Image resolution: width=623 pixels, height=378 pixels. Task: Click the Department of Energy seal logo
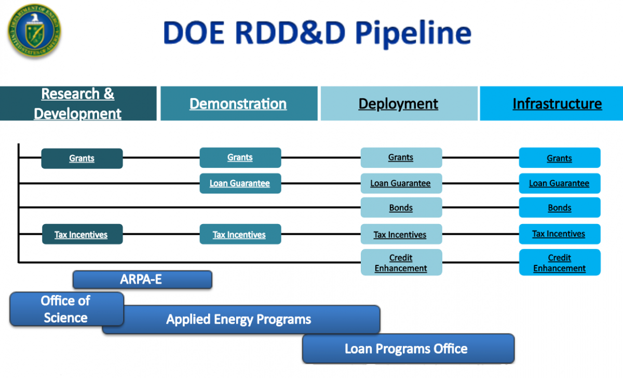(34, 31)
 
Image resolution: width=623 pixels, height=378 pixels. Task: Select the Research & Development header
(78, 104)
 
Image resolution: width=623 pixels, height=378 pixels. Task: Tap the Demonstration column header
(238, 104)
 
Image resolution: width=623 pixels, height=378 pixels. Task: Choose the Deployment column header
(398, 104)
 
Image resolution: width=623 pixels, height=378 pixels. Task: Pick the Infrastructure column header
(557, 104)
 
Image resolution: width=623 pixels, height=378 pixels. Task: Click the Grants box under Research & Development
(82, 158)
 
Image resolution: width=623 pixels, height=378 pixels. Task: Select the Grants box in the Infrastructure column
(559, 158)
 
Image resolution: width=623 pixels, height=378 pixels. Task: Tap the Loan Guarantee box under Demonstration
(240, 183)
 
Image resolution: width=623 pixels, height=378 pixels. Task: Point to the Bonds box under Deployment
(401, 207)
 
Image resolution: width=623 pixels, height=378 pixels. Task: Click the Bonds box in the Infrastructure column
(559, 207)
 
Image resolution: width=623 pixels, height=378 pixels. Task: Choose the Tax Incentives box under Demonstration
(239, 234)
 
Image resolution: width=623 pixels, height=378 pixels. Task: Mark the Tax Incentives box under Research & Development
(82, 234)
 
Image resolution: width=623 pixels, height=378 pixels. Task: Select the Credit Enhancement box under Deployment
(401, 262)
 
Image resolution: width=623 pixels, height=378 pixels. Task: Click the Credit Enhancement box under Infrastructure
(559, 262)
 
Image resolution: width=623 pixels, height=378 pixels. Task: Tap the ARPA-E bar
(142, 279)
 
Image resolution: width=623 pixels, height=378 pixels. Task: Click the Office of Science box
(66, 309)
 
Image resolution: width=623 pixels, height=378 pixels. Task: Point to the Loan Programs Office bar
(408, 349)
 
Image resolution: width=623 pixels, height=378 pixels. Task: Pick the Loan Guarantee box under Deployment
(401, 183)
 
